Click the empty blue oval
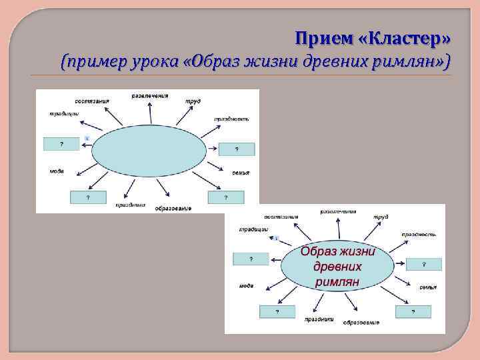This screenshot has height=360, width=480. click(x=149, y=152)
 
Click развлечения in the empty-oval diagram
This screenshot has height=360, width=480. click(x=149, y=96)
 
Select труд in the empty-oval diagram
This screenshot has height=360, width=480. click(x=193, y=101)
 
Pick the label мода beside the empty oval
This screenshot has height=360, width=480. click(x=57, y=171)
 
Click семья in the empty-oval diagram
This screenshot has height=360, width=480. click(x=241, y=173)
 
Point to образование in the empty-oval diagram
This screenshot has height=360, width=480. click(x=173, y=209)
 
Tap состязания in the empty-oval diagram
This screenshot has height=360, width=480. click(x=92, y=101)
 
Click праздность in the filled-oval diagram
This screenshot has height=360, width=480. click(x=419, y=235)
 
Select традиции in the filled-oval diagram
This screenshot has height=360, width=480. click(x=253, y=229)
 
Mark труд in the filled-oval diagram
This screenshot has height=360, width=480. click(x=381, y=217)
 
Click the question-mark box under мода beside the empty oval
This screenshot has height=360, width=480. click(x=87, y=197)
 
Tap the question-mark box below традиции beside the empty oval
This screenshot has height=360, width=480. click(x=61, y=143)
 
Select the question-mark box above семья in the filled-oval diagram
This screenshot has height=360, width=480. click(x=424, y=264)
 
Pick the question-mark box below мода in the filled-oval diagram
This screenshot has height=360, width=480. click(x=277, y=311)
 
